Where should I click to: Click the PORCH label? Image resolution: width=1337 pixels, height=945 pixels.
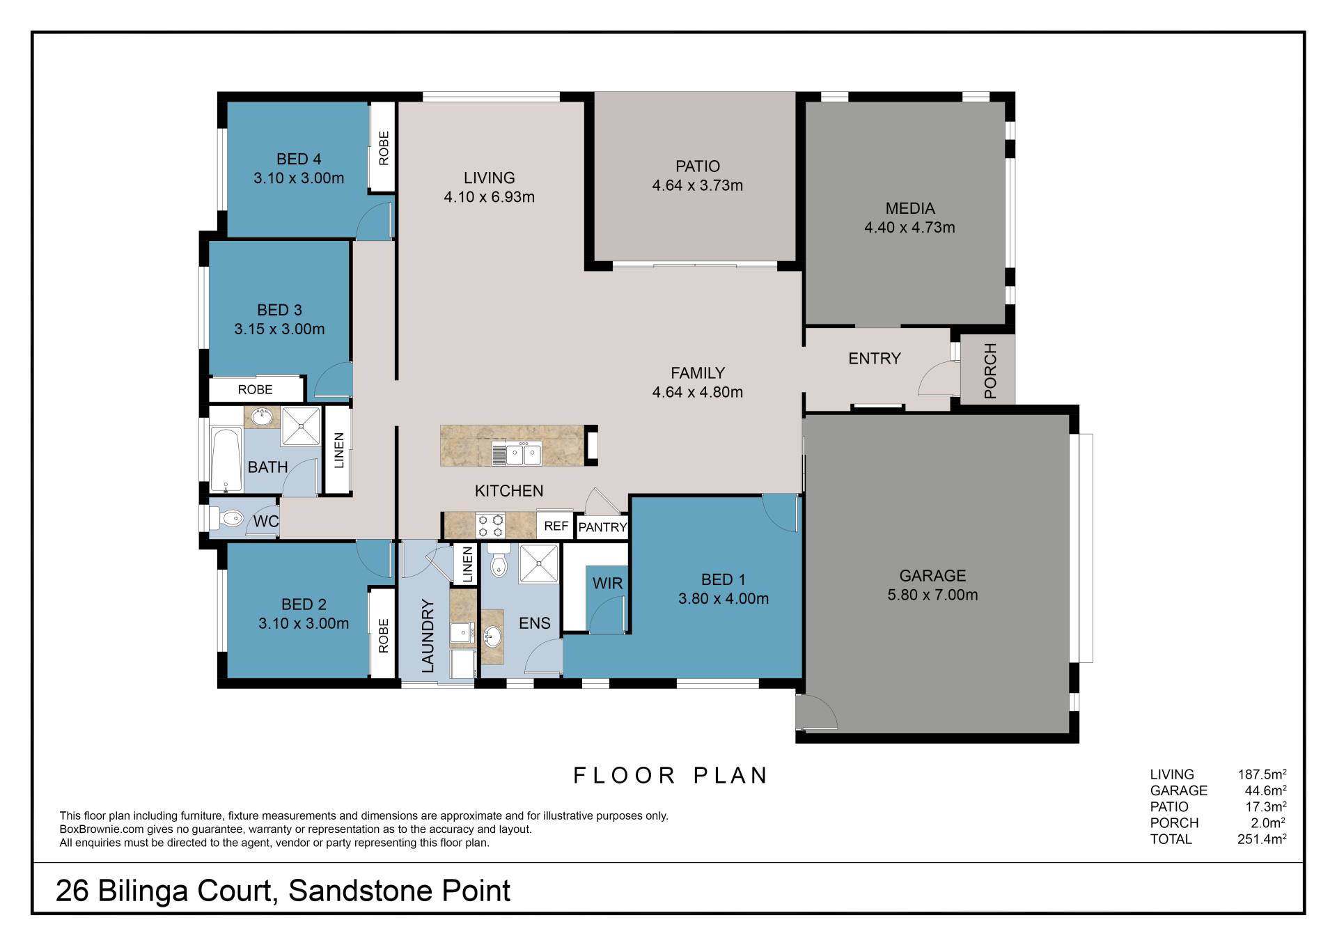(990, 370)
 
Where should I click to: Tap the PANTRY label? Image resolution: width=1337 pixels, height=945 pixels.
(603, 527)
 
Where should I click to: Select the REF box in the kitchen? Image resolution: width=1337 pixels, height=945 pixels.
(556, 526)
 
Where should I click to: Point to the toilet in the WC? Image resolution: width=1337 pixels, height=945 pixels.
(228, 517)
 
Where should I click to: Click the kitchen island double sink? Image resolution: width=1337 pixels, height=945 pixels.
(522, 455)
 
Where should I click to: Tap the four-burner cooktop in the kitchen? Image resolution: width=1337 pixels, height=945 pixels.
(490, 526)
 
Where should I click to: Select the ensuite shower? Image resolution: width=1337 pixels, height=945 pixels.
(539, 563)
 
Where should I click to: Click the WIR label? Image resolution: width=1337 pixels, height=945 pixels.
(607, 583)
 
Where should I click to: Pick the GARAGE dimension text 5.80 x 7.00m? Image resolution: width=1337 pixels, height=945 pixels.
(932, 595)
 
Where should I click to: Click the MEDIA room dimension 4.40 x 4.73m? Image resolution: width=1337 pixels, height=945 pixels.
(909, 227)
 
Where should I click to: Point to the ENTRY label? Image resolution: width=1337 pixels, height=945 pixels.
(875, 359)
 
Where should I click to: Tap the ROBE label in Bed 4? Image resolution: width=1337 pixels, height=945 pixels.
(384, 148)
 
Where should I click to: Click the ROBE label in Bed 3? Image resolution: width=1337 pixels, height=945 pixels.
(256, 389)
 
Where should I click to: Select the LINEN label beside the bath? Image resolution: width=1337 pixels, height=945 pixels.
(339, 451)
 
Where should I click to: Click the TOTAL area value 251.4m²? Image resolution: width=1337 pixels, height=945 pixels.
(1262, 838)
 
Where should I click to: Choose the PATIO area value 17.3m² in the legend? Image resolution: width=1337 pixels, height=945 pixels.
(1265, 806)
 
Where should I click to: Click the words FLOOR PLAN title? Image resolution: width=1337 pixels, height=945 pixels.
(671, 775)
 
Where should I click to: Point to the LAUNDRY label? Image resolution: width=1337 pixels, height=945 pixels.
(428, 636)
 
